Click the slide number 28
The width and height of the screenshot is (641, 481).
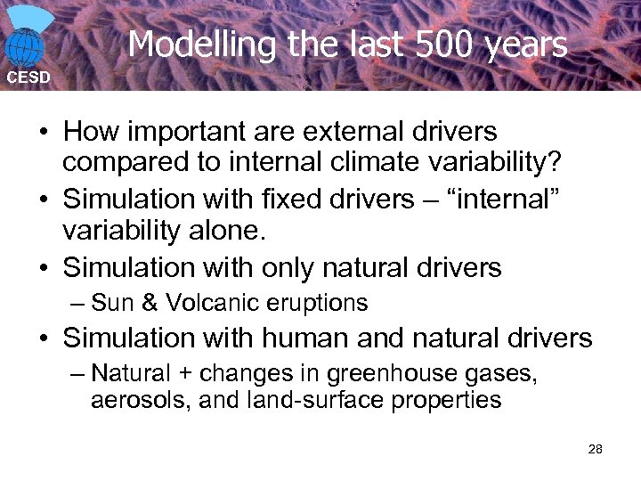coord(596,449)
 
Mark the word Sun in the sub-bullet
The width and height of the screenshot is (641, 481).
coord(111,304)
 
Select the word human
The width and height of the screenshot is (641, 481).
coord(298,338)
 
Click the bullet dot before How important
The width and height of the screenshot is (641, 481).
coord(43,133)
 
